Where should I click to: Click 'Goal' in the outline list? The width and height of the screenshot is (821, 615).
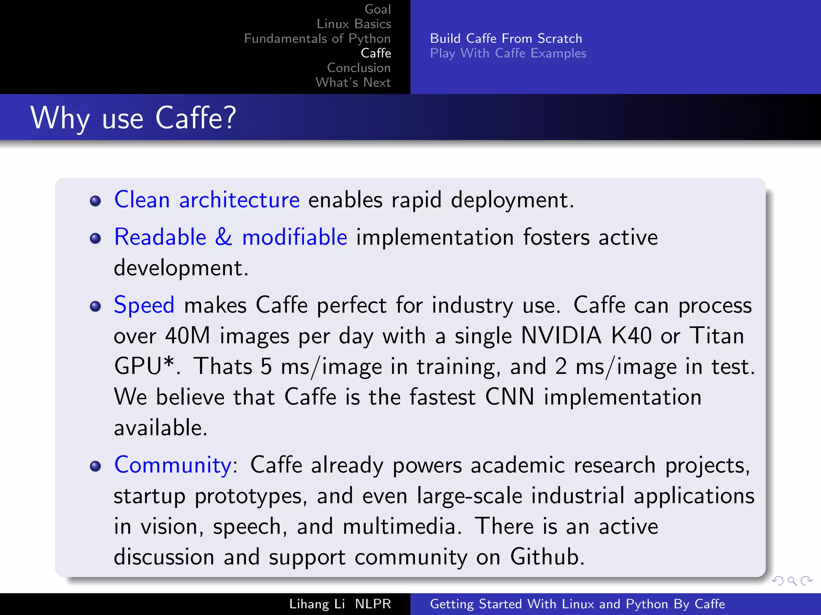(377, 9)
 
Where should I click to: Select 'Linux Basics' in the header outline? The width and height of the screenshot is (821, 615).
(354, 24)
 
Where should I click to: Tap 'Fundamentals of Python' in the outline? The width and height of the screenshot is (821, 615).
(317, 38)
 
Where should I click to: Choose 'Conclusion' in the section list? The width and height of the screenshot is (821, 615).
(358, 68)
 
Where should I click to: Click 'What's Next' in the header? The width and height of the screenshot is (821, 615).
(353, 82)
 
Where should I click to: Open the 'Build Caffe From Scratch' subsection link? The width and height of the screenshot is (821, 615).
(506, 38)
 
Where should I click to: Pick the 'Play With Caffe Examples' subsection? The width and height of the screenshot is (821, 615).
(508, 53)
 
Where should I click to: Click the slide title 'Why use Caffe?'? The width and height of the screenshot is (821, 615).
(133, 118)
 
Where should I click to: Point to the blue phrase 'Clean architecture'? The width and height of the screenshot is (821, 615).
(207, 199)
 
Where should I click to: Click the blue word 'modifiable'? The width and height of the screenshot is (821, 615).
(295, 237)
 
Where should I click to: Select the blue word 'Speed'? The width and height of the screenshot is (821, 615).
(144, 305)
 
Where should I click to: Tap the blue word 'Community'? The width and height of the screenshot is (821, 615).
(173, 465)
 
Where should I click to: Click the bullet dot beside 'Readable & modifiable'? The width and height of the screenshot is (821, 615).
(95, 239)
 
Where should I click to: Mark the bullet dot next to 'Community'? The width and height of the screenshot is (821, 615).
(95, 466)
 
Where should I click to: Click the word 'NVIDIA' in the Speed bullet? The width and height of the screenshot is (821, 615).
(561, 336)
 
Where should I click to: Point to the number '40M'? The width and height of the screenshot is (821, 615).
(188, 336)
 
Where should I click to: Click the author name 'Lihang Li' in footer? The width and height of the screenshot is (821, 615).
(317, 604)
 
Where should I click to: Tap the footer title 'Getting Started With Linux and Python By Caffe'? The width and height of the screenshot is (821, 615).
(577, 604)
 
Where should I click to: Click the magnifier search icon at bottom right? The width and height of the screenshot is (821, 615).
(792, 581)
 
